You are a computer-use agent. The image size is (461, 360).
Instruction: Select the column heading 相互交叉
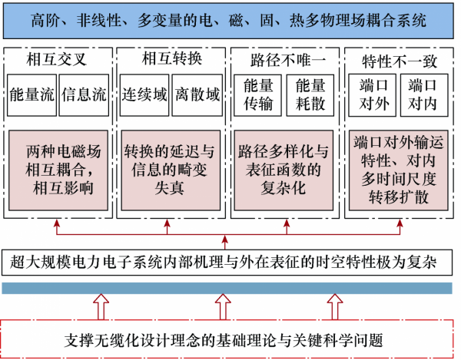coord(57,58)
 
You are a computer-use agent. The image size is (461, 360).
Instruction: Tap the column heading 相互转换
coord(171,58)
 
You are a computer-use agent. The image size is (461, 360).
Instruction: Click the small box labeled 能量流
coord(32,95)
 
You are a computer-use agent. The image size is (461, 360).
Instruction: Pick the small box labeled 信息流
coord(84,95)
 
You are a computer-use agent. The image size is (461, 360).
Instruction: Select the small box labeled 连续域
coord(144,95)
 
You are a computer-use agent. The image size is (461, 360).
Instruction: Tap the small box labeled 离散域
coord(197,95)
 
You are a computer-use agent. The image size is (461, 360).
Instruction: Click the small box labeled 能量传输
coord(258,95)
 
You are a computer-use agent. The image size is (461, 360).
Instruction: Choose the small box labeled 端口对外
coord(372,95)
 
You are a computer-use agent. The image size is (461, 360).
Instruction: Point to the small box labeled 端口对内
coord(424,95)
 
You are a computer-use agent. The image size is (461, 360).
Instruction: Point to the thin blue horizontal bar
coord(230,289)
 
